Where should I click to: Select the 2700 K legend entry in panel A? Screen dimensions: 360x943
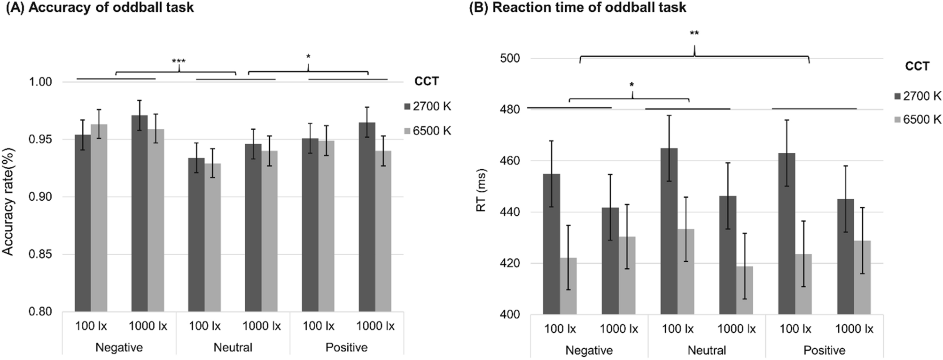coord(428,106)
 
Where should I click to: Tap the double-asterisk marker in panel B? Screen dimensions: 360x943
coord(694,33)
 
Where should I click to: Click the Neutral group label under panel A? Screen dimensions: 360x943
coord(233,348)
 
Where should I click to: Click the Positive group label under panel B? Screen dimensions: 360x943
coord(824,350)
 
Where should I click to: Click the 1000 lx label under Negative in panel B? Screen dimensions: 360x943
coord(619,329)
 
